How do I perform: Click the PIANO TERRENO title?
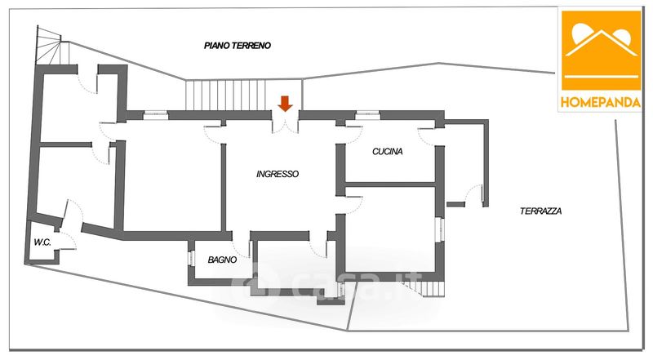(x=238, y=46)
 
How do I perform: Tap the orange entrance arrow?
(x=285, y=104)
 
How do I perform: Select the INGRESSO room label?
(x=278, y=174)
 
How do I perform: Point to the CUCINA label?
(x=387, y=152)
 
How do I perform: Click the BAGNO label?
(x=222, y=260)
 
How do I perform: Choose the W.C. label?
(x=42, y=242)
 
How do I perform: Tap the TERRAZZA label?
(x=540, y=211)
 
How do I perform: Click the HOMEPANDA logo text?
(x=601, y=102)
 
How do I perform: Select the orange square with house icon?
(x=601, y=51)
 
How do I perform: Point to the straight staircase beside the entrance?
(x=226, y=95)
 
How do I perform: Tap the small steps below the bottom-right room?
(x=424, y=288)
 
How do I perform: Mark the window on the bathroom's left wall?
(x=192, y=258)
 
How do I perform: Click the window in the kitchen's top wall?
(x=368, y=114)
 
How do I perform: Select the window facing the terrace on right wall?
(x=440, y=229)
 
